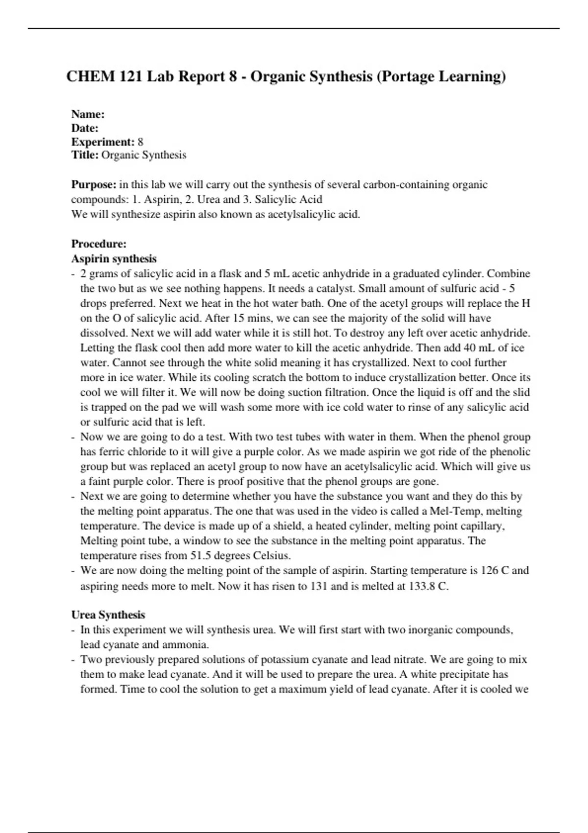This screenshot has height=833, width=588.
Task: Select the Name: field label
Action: tap(88, 114)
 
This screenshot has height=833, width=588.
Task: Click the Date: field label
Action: tap(85, 128)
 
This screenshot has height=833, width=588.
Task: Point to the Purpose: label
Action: tap(94, 185)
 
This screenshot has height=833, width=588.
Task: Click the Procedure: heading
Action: tap(99, 244)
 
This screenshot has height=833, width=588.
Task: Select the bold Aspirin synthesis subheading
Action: tap(114, 258)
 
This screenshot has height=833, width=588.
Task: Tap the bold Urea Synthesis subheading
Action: tap(108, 614)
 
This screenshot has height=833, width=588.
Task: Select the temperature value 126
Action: tap(485, 570)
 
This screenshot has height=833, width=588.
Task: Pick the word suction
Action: tap(305, 392)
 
